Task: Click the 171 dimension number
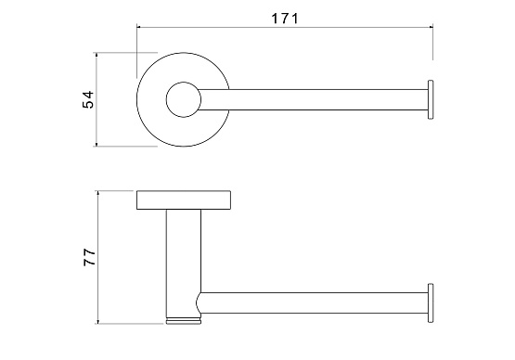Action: coord(285,19)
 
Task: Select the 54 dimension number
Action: coord(88,99)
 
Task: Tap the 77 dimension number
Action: coord(89,257)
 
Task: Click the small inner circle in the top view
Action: coord(184,99)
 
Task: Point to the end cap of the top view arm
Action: coord(431,99)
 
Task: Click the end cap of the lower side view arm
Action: coord(431,302)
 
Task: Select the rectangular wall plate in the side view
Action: coord(184,199)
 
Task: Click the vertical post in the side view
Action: coord(184,264)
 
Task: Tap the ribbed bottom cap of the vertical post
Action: coord(184,321)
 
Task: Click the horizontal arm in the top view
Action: coord(314,99)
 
